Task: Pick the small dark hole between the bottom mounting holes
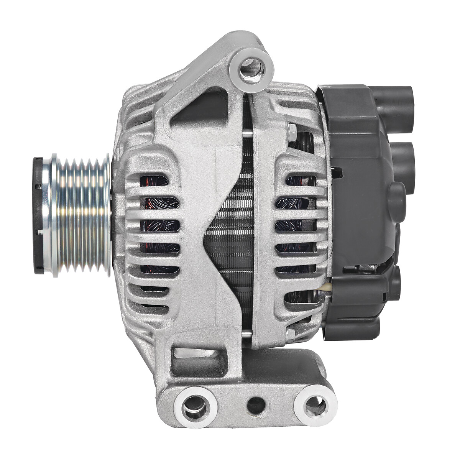click(x=256, y=405)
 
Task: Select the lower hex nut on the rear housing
click(x=291, y=333)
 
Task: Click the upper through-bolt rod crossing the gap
click(x=248, y=133)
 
